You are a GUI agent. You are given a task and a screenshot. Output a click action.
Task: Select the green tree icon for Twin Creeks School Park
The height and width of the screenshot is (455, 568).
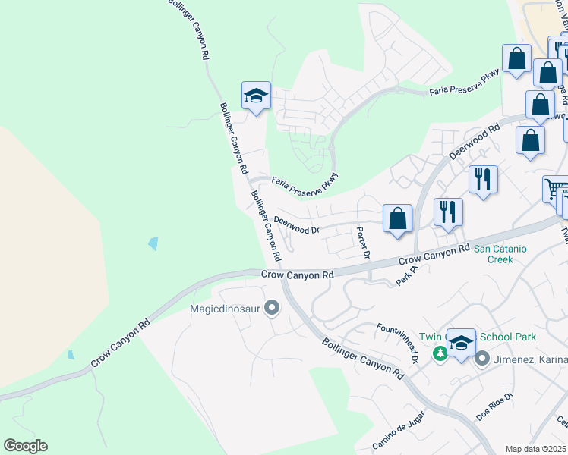point(440,353)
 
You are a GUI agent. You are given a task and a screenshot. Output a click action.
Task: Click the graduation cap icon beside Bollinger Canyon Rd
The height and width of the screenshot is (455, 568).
point(256,96)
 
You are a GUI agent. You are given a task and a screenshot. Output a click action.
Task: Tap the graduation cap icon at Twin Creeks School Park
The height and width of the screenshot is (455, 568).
point(460,342)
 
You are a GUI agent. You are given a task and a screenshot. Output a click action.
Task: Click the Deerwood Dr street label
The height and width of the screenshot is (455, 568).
point(296,224)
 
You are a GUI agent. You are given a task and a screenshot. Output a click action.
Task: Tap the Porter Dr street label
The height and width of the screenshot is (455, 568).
point(363,243)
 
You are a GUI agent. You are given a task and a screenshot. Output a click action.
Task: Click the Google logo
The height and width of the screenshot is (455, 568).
point(25,446)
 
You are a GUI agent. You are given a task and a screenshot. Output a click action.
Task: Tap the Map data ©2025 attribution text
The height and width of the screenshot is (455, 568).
point(535,449)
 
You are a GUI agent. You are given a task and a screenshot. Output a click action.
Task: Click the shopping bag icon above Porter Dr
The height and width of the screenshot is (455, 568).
point(397,219)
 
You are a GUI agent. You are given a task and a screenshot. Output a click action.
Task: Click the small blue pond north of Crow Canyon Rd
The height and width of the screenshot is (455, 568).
point(154,243)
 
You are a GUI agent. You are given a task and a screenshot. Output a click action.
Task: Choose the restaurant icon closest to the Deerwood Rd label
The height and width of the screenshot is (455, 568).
point(483,180)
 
